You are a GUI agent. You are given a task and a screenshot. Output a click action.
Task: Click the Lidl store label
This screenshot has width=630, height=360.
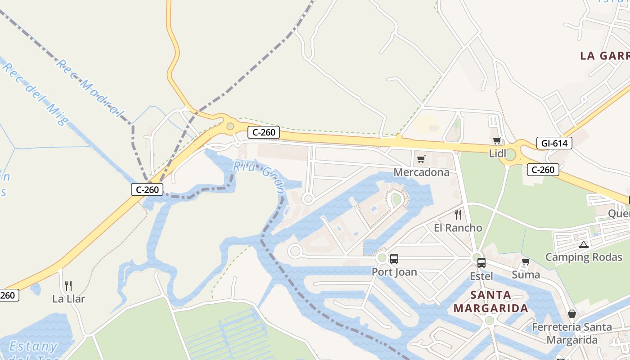pos(498,153)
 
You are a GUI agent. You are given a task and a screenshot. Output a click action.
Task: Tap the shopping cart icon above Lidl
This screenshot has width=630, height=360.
pos(497,141)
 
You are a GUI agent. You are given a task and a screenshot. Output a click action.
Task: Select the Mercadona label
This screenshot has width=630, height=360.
pos(421,172)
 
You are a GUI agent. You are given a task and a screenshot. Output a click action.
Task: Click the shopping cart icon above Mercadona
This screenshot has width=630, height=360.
pos(421,159)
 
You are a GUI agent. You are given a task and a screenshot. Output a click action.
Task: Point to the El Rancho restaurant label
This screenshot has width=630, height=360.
pos(458,228)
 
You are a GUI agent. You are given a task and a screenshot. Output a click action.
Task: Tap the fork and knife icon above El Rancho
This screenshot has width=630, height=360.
pos(458,214)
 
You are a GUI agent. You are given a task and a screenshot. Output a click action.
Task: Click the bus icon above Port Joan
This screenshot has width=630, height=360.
pos(394,259)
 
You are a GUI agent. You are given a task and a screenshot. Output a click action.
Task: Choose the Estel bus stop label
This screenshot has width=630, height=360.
pos(481,276)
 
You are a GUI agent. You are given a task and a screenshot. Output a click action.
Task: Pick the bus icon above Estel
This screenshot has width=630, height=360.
pos(481,263)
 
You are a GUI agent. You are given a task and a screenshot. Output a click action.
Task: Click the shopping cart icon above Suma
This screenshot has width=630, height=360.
pos(526,261)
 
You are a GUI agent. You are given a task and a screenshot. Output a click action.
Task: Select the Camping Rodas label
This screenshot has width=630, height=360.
pos(580,257)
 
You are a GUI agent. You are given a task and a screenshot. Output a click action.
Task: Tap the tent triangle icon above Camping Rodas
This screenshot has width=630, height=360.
pos(584,245)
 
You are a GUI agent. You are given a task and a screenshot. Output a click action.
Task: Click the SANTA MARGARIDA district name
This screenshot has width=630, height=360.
pos(490,301)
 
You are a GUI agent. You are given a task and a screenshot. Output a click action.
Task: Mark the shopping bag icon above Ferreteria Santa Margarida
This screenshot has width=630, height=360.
pos(571,314)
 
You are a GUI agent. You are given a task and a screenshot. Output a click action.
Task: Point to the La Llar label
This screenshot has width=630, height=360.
pos(68,298)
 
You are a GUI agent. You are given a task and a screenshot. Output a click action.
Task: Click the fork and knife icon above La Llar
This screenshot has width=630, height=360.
pos(68,285)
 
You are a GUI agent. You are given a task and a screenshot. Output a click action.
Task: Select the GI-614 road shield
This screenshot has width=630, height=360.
pos(554,144)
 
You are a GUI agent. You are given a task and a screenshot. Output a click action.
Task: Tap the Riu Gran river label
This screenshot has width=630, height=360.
pos(260,177)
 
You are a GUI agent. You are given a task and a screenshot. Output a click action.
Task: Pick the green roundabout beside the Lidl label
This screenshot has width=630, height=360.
pos(510,155)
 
